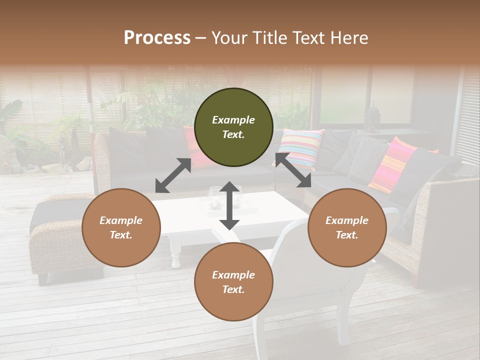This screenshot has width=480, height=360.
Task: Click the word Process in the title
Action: point(157,38)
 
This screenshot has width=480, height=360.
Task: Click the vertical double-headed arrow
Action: point(229,205)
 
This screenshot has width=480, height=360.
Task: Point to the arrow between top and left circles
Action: point(173,175)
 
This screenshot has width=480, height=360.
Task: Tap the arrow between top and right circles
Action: point(293,170)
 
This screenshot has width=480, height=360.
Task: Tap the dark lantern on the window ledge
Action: point(372,118)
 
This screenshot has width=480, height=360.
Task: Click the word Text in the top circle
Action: point(233,134)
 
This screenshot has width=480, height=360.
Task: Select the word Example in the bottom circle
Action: point(233,275)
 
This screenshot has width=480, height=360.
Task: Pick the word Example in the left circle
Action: point(121,220)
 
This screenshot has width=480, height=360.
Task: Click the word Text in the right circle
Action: point(346,235)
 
